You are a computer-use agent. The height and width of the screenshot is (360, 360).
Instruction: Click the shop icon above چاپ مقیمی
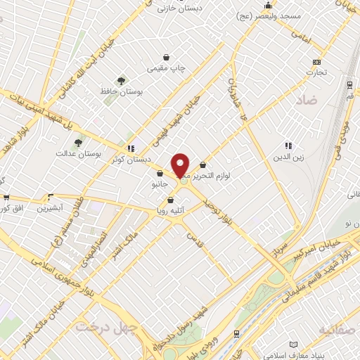point(166,58)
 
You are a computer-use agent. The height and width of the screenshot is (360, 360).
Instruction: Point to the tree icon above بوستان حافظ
point(122,81)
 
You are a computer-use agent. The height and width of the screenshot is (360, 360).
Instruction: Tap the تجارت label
point(316,72)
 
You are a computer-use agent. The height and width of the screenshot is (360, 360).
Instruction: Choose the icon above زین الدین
point(288,145)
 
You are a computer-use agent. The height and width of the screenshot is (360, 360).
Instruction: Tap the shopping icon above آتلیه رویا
point(170,200)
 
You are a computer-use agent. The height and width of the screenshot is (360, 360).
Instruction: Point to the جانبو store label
point(160,184)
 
